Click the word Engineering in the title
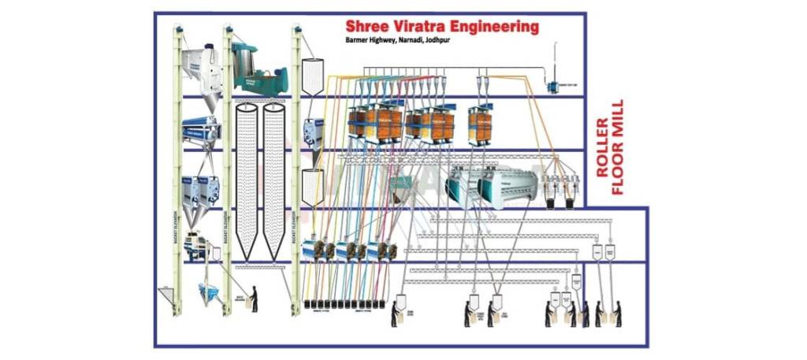point(496,28)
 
